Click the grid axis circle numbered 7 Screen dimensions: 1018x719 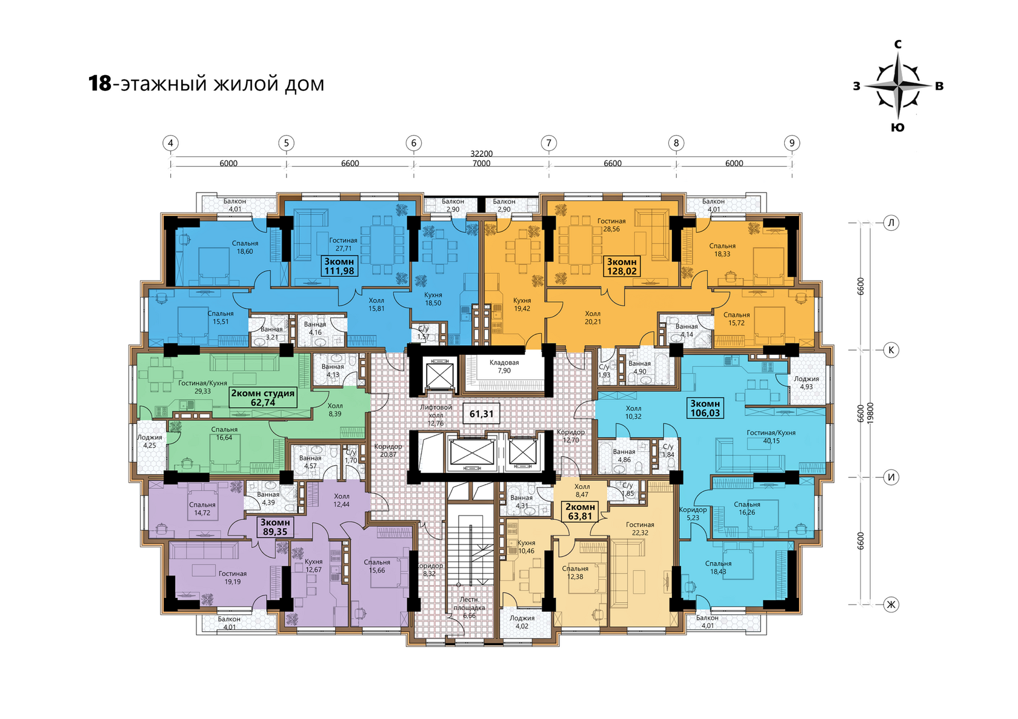click(x=548, y=143)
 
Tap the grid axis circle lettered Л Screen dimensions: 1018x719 click(x=891, y=222)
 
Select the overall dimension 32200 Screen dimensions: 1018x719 click(x=481, y=154)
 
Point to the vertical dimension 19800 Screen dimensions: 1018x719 click(x=870, y=413)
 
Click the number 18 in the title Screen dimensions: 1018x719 click(x=99, y=84)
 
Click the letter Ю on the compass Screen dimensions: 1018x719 click(x=897, y=128)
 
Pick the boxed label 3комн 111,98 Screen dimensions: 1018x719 click(x=339, y=266)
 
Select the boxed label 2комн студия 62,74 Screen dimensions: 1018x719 click(x=263, y=397)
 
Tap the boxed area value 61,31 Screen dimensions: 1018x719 click(x=481, y=414)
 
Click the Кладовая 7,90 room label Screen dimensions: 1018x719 click(x=504, y=366)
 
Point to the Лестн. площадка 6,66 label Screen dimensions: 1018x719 click(x=469, y=608)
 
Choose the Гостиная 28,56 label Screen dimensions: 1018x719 click(x=611, y=225)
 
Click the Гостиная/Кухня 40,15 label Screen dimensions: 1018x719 click(x=771, y=437)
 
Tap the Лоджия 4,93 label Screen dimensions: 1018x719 click(x=806, y=383)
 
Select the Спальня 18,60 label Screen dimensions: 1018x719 click(x=245, y=247)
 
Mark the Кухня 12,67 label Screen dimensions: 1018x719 click(x=314, y=566)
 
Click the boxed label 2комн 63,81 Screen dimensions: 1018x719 click(x=580, y=511)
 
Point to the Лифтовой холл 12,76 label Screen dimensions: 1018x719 click(x=435, y=415)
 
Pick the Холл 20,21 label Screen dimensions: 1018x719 click(x=593, y=317)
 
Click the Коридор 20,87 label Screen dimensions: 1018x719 click(x=388, y=450)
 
